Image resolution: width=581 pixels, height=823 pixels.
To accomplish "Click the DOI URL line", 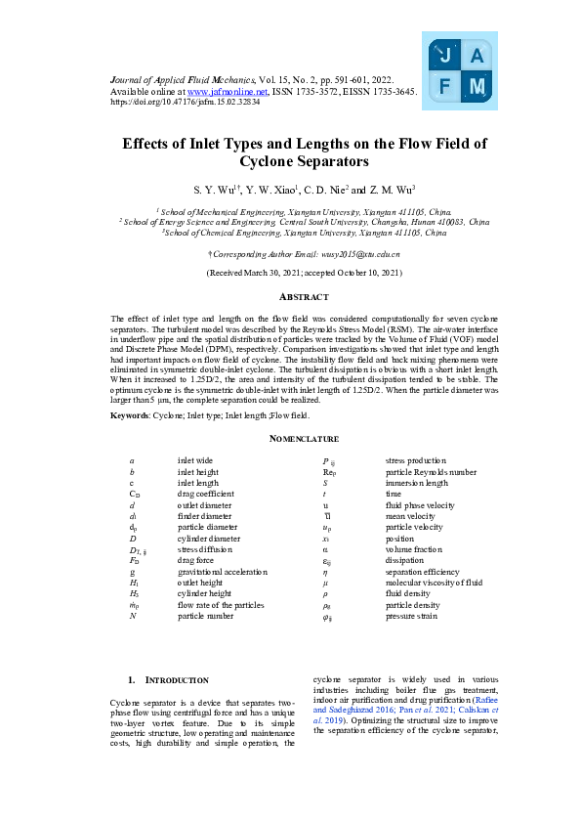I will [x=185, y=101].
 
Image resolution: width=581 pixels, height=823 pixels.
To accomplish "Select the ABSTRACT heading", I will [x=290, y=296].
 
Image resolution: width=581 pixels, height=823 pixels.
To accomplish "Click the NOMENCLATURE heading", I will [x=290, y=439].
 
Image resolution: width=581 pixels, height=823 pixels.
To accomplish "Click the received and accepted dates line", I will [x=290, y=273].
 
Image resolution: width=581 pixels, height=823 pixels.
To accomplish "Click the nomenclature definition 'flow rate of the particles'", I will [x=220, y=606].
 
